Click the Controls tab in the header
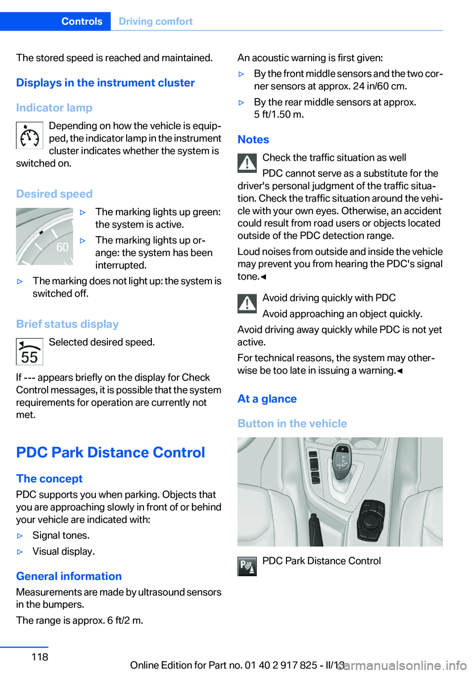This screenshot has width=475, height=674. point(82,21)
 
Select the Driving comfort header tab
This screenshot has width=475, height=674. point(155,21)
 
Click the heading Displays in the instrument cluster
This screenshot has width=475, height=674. point(105,83)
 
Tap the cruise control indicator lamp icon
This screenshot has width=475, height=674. point(29,135)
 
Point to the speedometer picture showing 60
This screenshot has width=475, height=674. point(45,237)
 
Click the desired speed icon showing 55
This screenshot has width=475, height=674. point(29,351)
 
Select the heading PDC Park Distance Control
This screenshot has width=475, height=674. point(110,452)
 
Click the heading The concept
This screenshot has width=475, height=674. point(49,479)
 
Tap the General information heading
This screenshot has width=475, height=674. point(69,576)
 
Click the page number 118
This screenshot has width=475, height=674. point(40,657)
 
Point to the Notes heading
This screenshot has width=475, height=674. point(253,140)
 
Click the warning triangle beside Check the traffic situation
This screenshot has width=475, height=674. point(247,163)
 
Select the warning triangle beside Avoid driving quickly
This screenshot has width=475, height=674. point(247,303)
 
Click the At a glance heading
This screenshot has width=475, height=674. point(267,399)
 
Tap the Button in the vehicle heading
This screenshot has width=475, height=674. point(292,424)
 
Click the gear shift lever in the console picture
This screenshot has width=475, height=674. point(341,463)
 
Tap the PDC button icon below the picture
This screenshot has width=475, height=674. point(247,566)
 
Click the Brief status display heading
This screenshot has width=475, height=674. point(67,324)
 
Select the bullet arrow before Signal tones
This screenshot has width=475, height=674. point(20,536)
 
